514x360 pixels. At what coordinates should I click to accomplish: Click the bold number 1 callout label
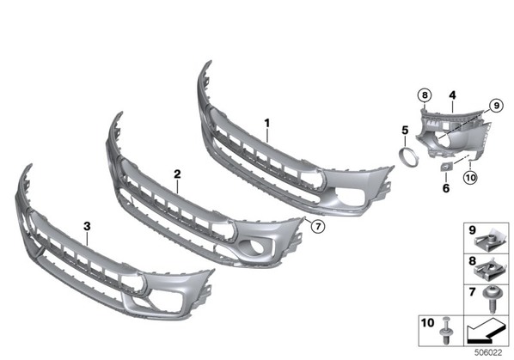point(267,124)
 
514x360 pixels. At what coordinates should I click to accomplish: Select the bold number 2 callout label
point(177,174)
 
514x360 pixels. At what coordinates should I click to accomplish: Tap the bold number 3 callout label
point(87,226)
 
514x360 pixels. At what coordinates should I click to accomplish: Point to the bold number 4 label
point(452,95)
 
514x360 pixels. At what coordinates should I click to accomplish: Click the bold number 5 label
point(405,130)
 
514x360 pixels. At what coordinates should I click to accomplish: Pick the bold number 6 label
point(446,188)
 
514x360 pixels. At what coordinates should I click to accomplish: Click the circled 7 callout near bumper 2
point(318,226)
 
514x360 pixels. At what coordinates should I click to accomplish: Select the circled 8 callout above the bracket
point(425,95)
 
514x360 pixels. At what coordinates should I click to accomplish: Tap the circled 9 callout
point(496,106)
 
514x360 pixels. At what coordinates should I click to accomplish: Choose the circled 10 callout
point(470,178)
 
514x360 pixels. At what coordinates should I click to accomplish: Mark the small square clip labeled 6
point(445,168)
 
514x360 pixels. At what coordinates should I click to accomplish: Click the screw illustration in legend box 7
point(492,299)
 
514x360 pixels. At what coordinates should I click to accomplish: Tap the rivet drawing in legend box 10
point(446,330)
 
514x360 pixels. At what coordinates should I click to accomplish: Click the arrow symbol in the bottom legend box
point(487,331)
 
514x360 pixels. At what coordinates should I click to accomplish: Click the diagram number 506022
point(488,353)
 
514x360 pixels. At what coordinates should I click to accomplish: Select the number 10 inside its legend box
point(427,323)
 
